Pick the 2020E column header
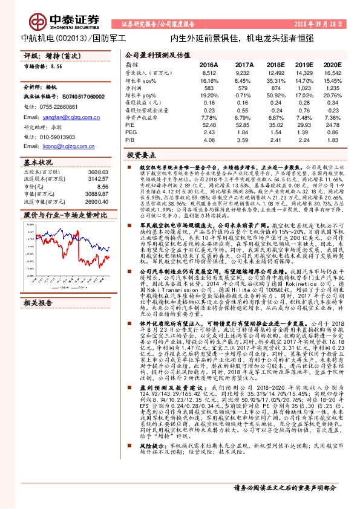pyautogui.click(x=333, y=64)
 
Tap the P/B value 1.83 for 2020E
pyautogui.click(x=333, y=140)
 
